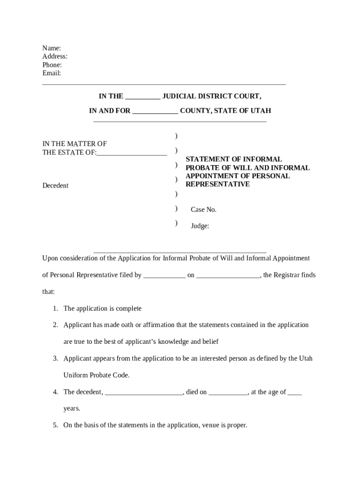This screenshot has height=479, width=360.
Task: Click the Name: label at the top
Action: (51, 48)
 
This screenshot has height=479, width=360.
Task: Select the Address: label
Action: (55, 57)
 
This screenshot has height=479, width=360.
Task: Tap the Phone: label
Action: (52, 65)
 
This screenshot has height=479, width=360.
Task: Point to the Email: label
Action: (51, 73)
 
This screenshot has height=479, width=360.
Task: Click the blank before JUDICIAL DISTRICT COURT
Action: (143, 97)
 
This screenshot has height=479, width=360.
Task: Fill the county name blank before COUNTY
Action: (155, 111)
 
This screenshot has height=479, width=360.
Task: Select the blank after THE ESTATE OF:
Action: (132, 152)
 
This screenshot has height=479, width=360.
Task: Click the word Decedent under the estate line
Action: (55, 186)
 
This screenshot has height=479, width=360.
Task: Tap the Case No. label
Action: (203, 210)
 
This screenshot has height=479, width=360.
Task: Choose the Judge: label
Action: (200, 226)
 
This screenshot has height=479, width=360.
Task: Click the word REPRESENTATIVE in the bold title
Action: (217, 184)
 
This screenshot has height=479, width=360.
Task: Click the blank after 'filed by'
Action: (164, 276)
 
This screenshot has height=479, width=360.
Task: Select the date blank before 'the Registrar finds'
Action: (228, 276)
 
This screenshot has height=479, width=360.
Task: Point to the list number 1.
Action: (55, 309)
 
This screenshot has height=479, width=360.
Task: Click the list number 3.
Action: (55, 359)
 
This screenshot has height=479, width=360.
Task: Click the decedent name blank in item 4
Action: (144, 392)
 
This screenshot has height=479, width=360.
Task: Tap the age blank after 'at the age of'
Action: (295, 392)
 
